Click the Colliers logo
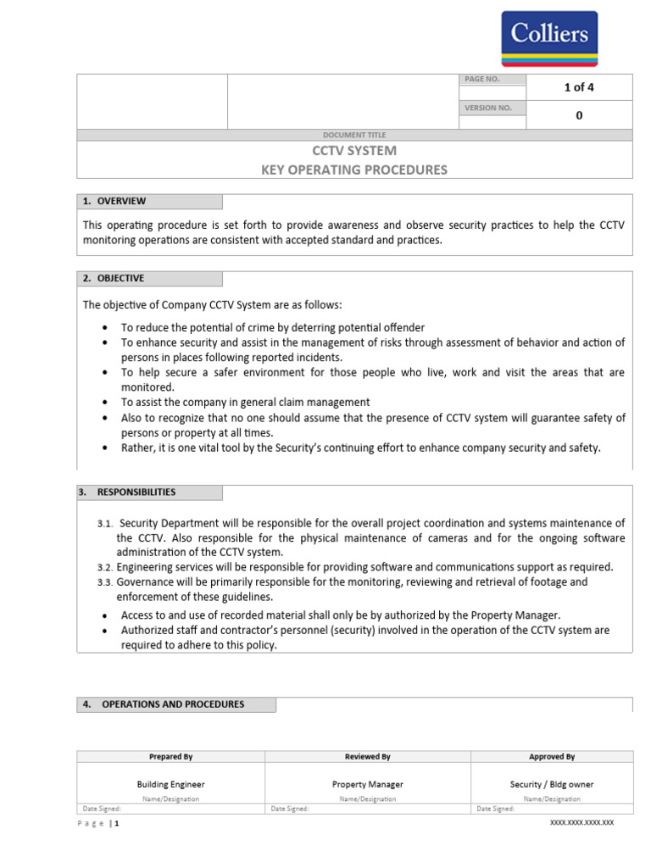pyautogui.click(x=548, y=38)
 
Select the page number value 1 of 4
pyautogui.click(x=579, y=87)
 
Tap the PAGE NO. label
pyautogui.click(x=481, y=80)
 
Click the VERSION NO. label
pyautogui.click(x=487, y=108)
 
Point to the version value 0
pyautogui.click(x=579, y=115)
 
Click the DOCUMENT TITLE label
pyautogui.click(x=354, y=135)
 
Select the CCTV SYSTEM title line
pyautogui.click(x=354, y=151)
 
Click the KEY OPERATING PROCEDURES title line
pyautogui.click(x=354, y=170)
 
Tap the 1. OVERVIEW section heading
pyautogui.click(x=114, y=202)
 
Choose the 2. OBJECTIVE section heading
pyautogui.click(x=114, y=279)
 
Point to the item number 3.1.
pyautogui.click(x=104, y=525)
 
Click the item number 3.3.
pyautogui.click(x=104, y=583)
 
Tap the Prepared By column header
pyautogui.click(x=171, y=757)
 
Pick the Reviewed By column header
pyautogui.click(x=368, y=757)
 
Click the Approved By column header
pyautogui.click(x=552, y=757)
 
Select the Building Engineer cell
pyautogui.click(x=171, y=785)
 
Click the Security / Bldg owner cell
pyautogui.click(x=552, y=785)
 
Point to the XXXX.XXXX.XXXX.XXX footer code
pyautogui.click(x=582, y=823)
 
